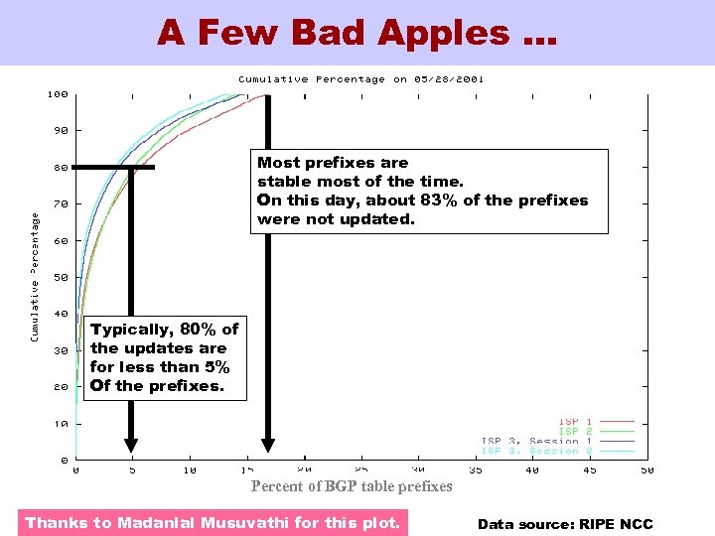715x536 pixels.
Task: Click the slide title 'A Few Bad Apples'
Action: click(357, 33)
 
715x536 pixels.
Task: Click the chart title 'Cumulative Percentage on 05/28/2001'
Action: click(360, 79)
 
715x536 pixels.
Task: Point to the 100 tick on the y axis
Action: click(58, 95)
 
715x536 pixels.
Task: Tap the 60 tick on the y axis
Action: click(61, 241)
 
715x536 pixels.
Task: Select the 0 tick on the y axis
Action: click(64, 461)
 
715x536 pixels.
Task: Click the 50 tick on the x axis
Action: click(646, 470)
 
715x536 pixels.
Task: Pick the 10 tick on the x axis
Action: click(190, 470)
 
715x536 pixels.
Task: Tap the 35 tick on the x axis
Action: click(476, 470)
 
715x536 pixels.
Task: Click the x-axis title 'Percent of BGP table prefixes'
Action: click(352, 486)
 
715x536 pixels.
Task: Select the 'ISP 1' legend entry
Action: click(575, 422)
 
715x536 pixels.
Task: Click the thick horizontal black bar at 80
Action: click(114, 167)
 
